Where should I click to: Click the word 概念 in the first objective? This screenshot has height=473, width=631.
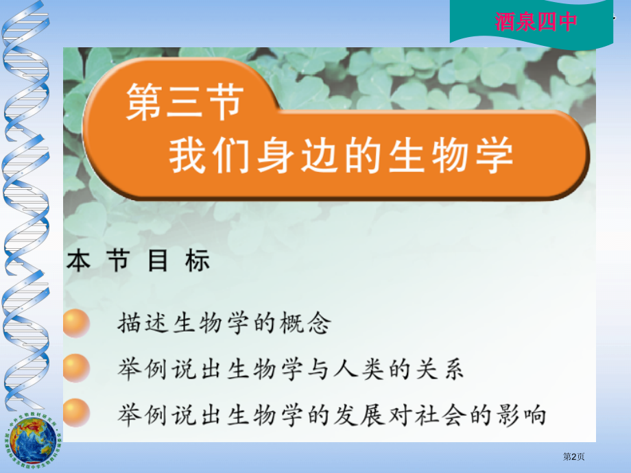306,323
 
